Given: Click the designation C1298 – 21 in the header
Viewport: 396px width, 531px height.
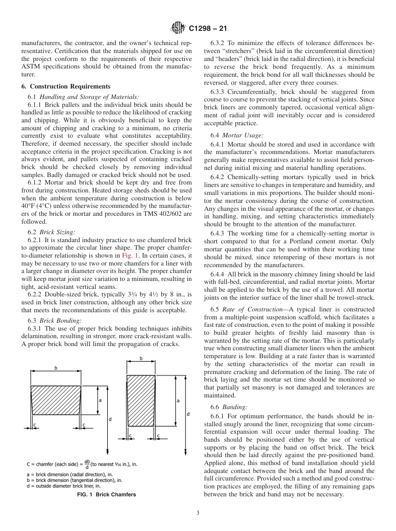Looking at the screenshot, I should [207, 29].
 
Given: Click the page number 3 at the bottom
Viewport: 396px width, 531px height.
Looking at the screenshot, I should [198, 513].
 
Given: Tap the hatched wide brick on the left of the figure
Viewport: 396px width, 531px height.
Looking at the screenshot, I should [56, 400].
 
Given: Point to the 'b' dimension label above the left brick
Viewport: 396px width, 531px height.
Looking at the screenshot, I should [56, 368].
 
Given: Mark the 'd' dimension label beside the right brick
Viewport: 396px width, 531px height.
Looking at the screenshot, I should [188, 414].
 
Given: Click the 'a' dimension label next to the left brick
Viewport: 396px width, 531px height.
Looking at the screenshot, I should [100, 400].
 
